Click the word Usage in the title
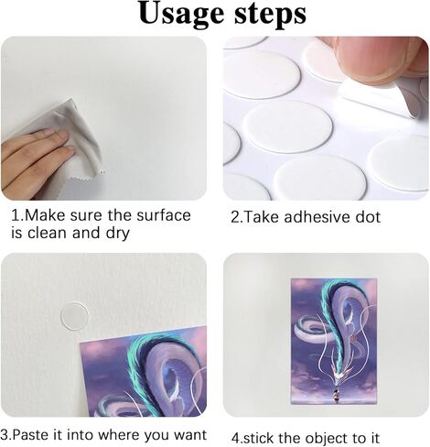point(181,15)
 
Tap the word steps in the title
point(270,15)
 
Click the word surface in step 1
point(164,215)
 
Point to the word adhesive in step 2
point(317,217)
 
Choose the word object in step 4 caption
point(328,438)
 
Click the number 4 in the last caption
point(235,439)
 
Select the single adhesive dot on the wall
point(75,316)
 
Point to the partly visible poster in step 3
point(144,372)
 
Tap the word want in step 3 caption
point(190,435)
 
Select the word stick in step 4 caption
point(257,438)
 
